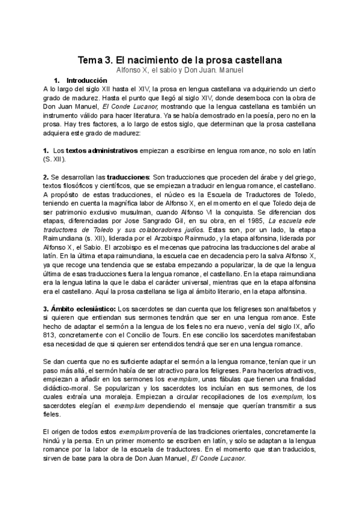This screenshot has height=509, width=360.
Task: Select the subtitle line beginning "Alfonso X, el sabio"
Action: click(x=180, y=70)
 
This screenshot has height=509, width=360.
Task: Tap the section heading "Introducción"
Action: click(x=86, y=80)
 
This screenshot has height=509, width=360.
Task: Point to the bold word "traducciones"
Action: click(x=128, y=177)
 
